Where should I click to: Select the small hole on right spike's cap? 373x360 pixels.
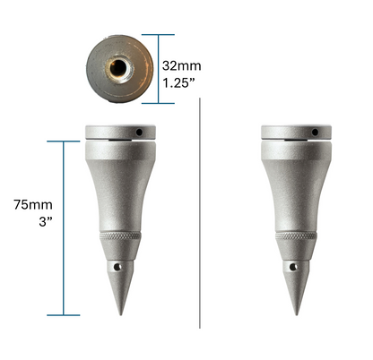coord(317,133)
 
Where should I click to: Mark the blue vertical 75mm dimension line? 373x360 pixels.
coord(65,228)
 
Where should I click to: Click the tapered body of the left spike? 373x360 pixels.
coord(119,188)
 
